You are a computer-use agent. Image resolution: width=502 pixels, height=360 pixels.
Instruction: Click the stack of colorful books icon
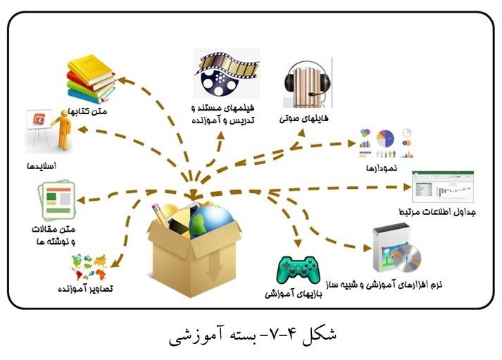point(91,80)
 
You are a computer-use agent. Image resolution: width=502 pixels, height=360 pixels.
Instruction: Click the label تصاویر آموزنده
point(89,288)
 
